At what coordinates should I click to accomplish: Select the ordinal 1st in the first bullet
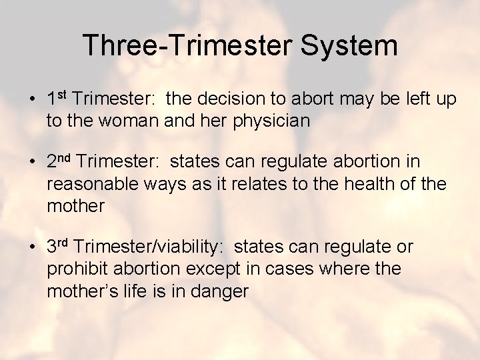pos(57,99)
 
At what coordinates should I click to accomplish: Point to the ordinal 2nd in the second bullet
pos(59,161)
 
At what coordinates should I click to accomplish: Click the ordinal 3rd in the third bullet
pos(59,247)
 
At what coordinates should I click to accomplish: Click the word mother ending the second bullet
pos(75,205)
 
